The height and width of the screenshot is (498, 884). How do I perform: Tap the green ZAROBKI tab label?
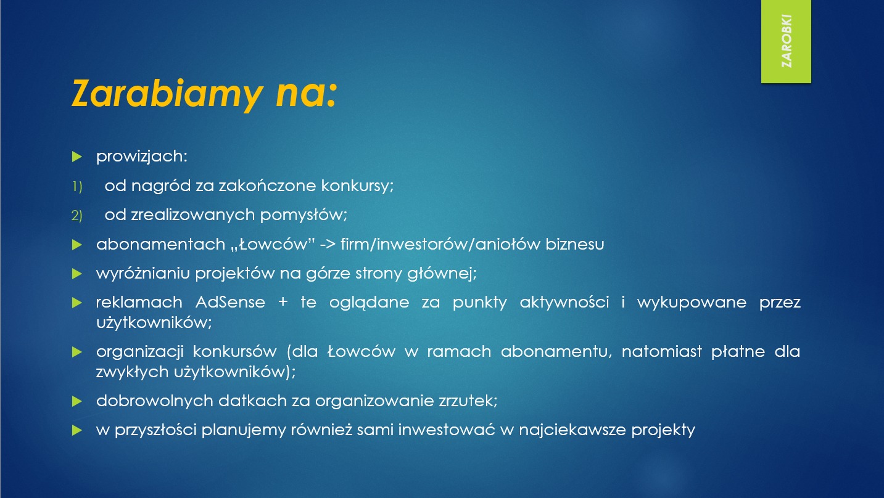[x=786, y=41]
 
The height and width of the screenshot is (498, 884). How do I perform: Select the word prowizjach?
[x=141, y=157]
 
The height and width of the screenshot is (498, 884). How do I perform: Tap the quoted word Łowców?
[x=277, y=244]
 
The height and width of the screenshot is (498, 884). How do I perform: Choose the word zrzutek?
[x=469, y=401]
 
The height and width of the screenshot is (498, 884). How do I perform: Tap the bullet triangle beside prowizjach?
[x=76, y=157]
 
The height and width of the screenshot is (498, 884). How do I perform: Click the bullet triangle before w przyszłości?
[x=76, y=430]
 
